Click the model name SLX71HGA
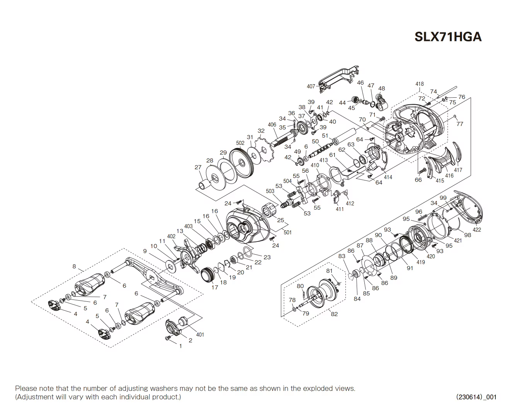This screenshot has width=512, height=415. pyautogui.click(x=448, y=37)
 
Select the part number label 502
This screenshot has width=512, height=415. pyautogui.click(x=240, y=143)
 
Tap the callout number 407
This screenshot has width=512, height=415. pyautogui.click(x=311, y=86)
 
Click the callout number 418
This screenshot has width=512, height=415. pyautogui.click(x=419, y=84)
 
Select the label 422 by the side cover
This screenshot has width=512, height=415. pyautogui.click(x=477, y=230)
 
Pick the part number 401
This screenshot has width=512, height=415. pyautogui.click(x=200, y=335)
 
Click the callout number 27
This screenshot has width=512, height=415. pyautogui.click(x=198, y=167)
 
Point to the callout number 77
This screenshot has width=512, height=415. pyautogui.click(x=459, y=124)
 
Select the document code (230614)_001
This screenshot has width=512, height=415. pyautogui.click(x=476, y=397)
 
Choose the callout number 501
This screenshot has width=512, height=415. pyautogui.click(x=287, y=232)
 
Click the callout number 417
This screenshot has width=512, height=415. pyautogui.click(x=458, y=170)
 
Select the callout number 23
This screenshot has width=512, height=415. pyautogui.click(x=267, y=257)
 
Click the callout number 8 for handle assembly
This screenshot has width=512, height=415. pyautogui.click(x=74, y=266)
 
